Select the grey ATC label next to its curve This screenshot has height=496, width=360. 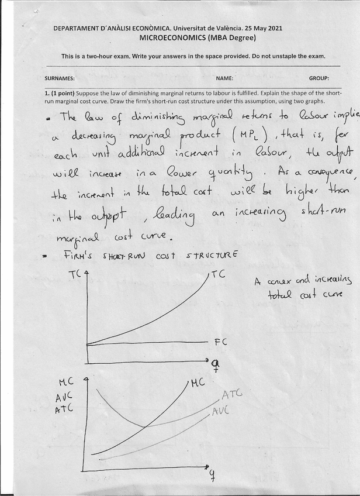click(231, 395)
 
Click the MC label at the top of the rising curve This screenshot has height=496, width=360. click(197, 384)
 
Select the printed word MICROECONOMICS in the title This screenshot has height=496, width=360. click(170, 38)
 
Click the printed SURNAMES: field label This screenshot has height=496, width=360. click(60, 78)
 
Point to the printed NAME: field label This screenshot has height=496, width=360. click(224, 78)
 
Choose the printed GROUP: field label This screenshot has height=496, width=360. click(319, 78)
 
